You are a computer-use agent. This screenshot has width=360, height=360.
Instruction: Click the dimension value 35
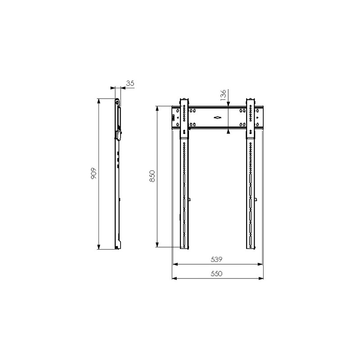[130, 83]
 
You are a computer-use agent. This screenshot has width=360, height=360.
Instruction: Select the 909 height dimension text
[94, 174]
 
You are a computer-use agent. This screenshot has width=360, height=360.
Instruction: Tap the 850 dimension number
[152, 176]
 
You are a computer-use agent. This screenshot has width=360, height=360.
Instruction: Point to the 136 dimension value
[223, 95]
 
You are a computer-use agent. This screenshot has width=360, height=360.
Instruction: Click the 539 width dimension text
[216, 260]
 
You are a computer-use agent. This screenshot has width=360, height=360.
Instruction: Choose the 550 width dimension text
[216, 274]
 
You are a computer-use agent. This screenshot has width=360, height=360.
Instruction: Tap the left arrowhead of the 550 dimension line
[174, 279]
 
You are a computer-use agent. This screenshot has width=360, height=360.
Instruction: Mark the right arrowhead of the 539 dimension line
[260, 264]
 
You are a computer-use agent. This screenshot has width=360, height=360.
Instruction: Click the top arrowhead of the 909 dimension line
[99, 101]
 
